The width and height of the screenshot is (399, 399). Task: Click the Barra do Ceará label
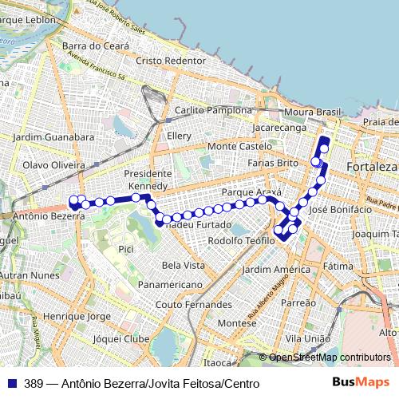coord(95,46)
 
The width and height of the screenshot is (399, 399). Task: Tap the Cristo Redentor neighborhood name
coord(171,61)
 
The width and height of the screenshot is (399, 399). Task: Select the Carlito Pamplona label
coord(213,110)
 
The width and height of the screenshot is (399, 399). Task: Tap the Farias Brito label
coord(272,163)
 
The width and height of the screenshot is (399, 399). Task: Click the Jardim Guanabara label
coord(53,137)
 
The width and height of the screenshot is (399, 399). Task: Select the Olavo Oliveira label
coord(53,164)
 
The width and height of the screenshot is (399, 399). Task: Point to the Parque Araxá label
coord(251,193)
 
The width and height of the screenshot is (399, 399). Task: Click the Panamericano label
coord(169,284)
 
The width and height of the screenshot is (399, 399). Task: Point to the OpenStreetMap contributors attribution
coord(329,358)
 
